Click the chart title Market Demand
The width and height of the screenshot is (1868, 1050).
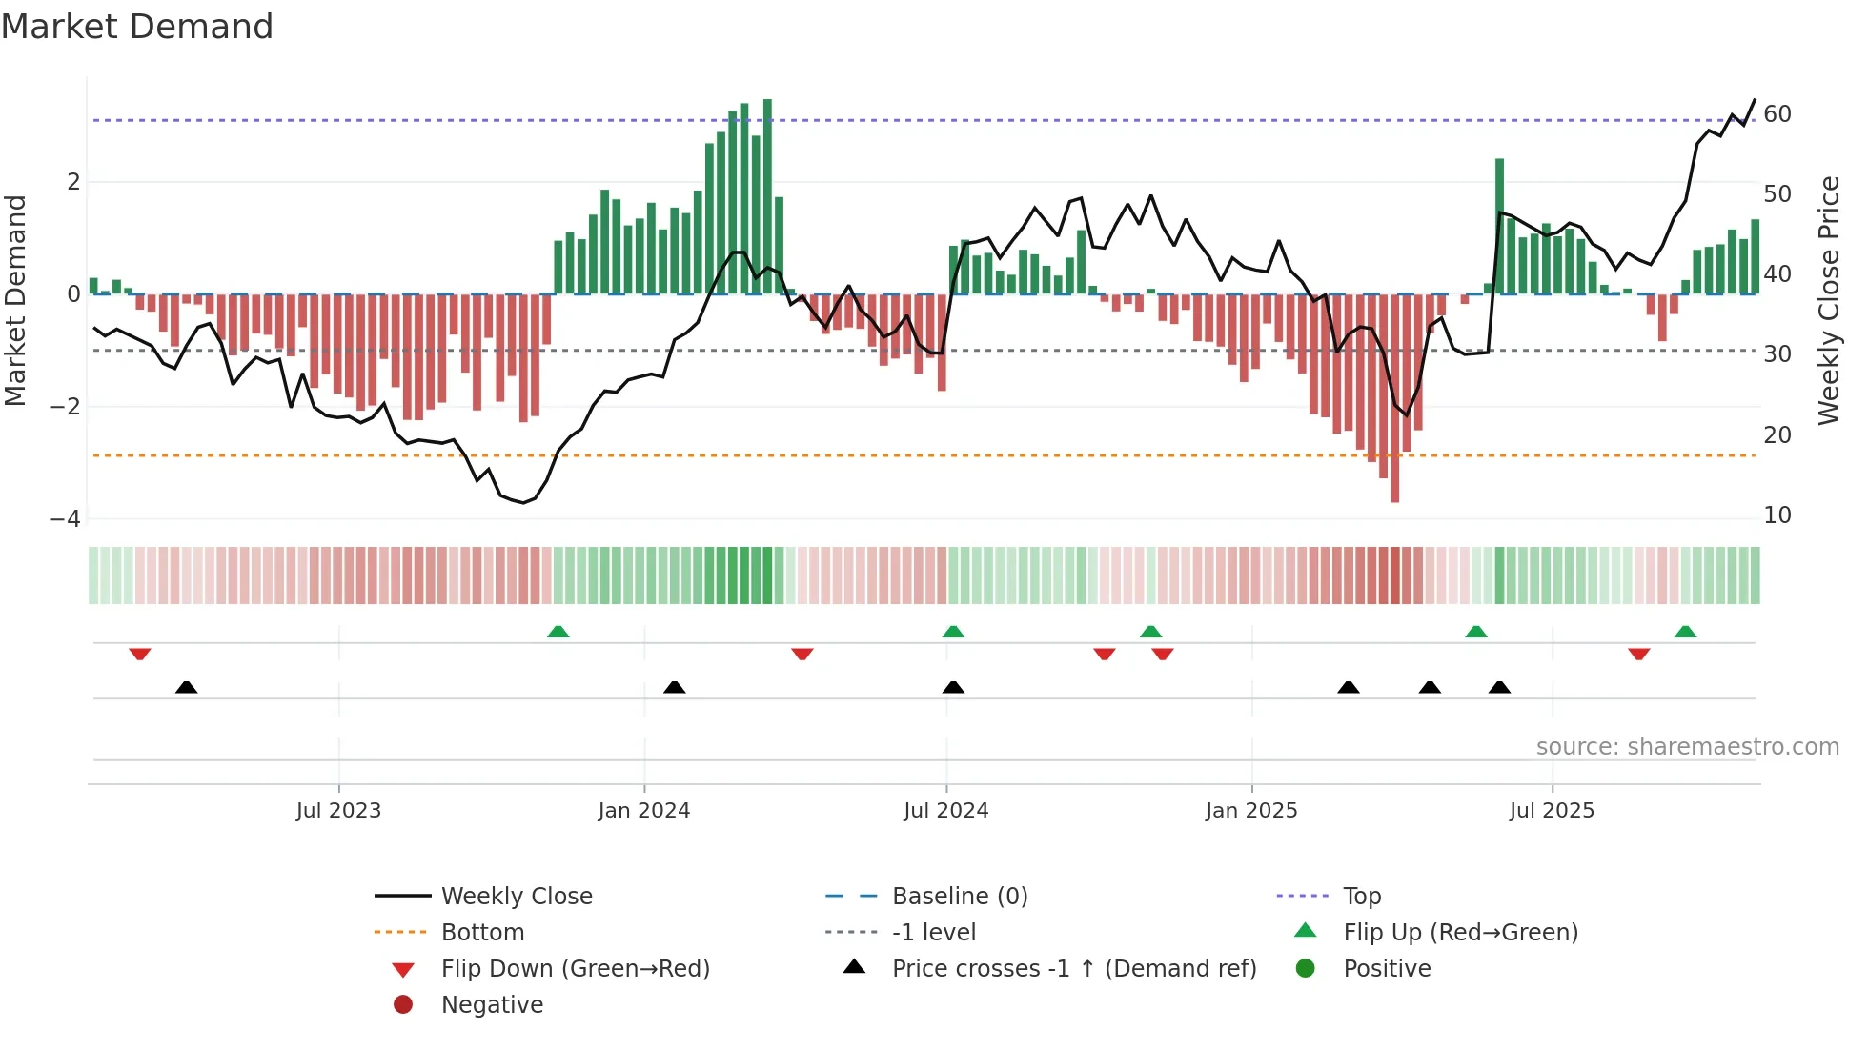pyautogui.click(x=137, y=27)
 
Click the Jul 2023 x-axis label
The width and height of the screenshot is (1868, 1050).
pyautogui.click(x=338, y=811)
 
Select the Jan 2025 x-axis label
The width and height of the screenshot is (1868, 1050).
pyautogui.click(x=1251, y=811)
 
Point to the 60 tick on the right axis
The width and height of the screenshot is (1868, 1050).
pyautogui.click(x=1777, y=114)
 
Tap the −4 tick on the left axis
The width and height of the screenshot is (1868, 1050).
pyautogui.click(x=65, y=519)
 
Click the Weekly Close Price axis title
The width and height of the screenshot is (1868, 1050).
pyautogui.click(x=1828, y=300)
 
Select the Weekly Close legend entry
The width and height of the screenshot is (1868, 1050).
pyautogui.click(x=516, y=897)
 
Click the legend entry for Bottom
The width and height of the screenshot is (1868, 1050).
pyautogui.click(x=482, y=933)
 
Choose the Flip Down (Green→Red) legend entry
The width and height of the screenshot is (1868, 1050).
pyautogui.click(x=575, y=969)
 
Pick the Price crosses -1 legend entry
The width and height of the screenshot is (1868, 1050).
pyautogui.click(x=1073, y=969)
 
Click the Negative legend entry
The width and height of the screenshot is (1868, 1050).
pyautogui.click(x=492, y=1005)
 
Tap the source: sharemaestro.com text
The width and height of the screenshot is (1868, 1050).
pyautogui.click(x=1687, y=747)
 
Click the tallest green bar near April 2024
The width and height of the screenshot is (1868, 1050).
pyautogui.click(x=767, y=196)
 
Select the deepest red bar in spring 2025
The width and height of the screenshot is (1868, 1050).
pyautogui.click(x=1394, y=398)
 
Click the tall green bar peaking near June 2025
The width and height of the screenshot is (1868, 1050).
pyautogui.click(x=1499, y=227)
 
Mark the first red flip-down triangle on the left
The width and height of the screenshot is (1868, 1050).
pyautogui.click(x=140, y=654)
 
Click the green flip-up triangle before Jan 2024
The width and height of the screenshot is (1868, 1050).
pyautogui.click(x=558, y=632)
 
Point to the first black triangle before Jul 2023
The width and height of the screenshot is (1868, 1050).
pyautogui.click(x=187, y=687)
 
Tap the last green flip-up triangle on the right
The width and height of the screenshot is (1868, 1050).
pyautogui.click(x=1685, y=632)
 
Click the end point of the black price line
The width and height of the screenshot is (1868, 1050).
pyautogui.click(x=1755, y=100)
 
